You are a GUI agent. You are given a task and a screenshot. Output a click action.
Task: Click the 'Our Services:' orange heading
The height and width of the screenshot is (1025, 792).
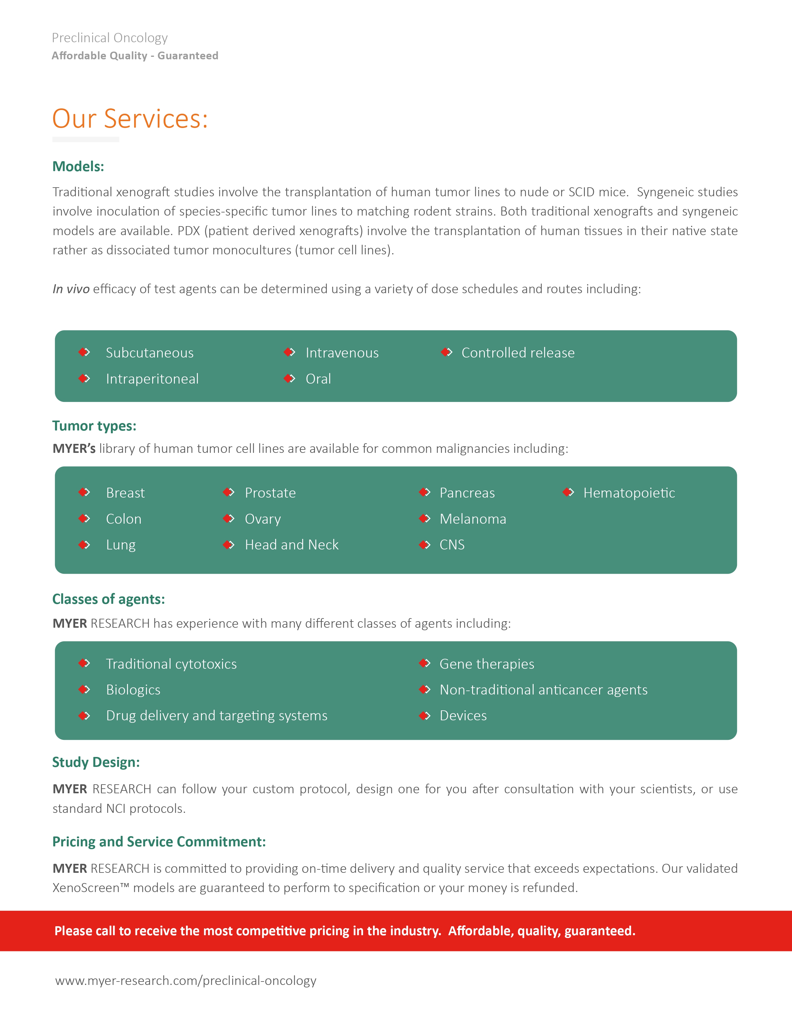click(x=130, y=119)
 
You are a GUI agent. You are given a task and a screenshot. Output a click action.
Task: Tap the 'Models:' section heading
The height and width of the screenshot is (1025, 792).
click(x=78, y=166)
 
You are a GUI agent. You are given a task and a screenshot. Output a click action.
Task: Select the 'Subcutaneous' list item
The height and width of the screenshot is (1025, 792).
click(x=150, y=353)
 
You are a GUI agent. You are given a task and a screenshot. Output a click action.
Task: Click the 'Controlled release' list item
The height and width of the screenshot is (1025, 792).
click(x=518, y=353)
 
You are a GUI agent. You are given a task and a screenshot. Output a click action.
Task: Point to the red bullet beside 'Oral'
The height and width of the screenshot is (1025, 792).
click(x=289, y=378)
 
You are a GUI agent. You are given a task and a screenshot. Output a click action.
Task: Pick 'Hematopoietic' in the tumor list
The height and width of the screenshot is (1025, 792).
click(x=629, y=493)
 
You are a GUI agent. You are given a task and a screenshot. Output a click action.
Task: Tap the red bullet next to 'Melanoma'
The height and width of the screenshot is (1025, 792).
click(x=425, y=519)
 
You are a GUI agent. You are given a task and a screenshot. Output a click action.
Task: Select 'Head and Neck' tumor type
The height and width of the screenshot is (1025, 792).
click(x=291, y=545)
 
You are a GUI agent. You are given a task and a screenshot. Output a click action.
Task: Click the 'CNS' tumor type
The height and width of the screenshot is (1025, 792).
click(x=452, y=545)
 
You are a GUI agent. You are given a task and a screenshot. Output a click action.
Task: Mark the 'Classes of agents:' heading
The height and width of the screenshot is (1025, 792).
click(x=109, y=599)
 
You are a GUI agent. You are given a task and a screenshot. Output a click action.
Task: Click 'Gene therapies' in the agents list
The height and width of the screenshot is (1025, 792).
click(x=487, y=664)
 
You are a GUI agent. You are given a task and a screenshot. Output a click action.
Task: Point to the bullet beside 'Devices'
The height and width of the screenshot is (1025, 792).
click(x=425, y=716)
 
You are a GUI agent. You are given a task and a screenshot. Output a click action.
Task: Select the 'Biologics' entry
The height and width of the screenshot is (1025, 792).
click(x=133, y=690)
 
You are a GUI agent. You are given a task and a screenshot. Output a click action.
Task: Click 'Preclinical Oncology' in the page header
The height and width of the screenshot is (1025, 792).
click(x=110, y=38)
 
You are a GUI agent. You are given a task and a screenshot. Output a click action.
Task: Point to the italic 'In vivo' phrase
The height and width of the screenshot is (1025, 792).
click(x=71, y=289)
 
